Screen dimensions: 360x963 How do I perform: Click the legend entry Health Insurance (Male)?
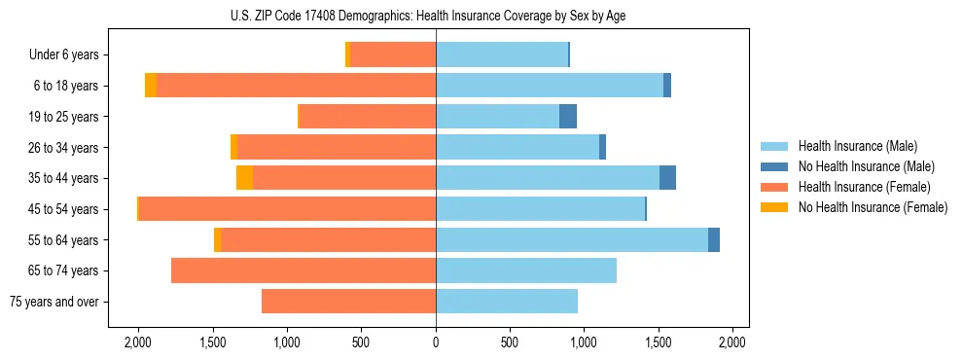[858, 146]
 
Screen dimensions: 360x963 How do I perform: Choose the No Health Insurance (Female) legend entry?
[873, 207]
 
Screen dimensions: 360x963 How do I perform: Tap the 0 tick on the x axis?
[436, 343]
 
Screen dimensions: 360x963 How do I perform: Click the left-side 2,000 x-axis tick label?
[138, 343]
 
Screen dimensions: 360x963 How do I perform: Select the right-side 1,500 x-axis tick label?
[658, 343]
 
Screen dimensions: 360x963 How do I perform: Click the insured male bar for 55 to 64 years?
[572, 239]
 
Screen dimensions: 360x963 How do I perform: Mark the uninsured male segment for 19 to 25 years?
[568, 117]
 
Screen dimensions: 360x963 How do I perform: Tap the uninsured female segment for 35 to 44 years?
[244, 178]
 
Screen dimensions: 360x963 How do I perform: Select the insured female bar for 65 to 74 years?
[303, 270]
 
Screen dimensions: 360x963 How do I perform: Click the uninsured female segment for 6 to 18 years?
[151, 86]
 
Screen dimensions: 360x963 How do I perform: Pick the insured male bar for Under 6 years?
[502, 55]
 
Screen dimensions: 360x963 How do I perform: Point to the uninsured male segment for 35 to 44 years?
[667, 178]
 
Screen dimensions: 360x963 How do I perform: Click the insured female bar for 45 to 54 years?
[287, 209]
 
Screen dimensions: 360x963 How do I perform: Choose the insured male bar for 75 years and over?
[507, 302]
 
